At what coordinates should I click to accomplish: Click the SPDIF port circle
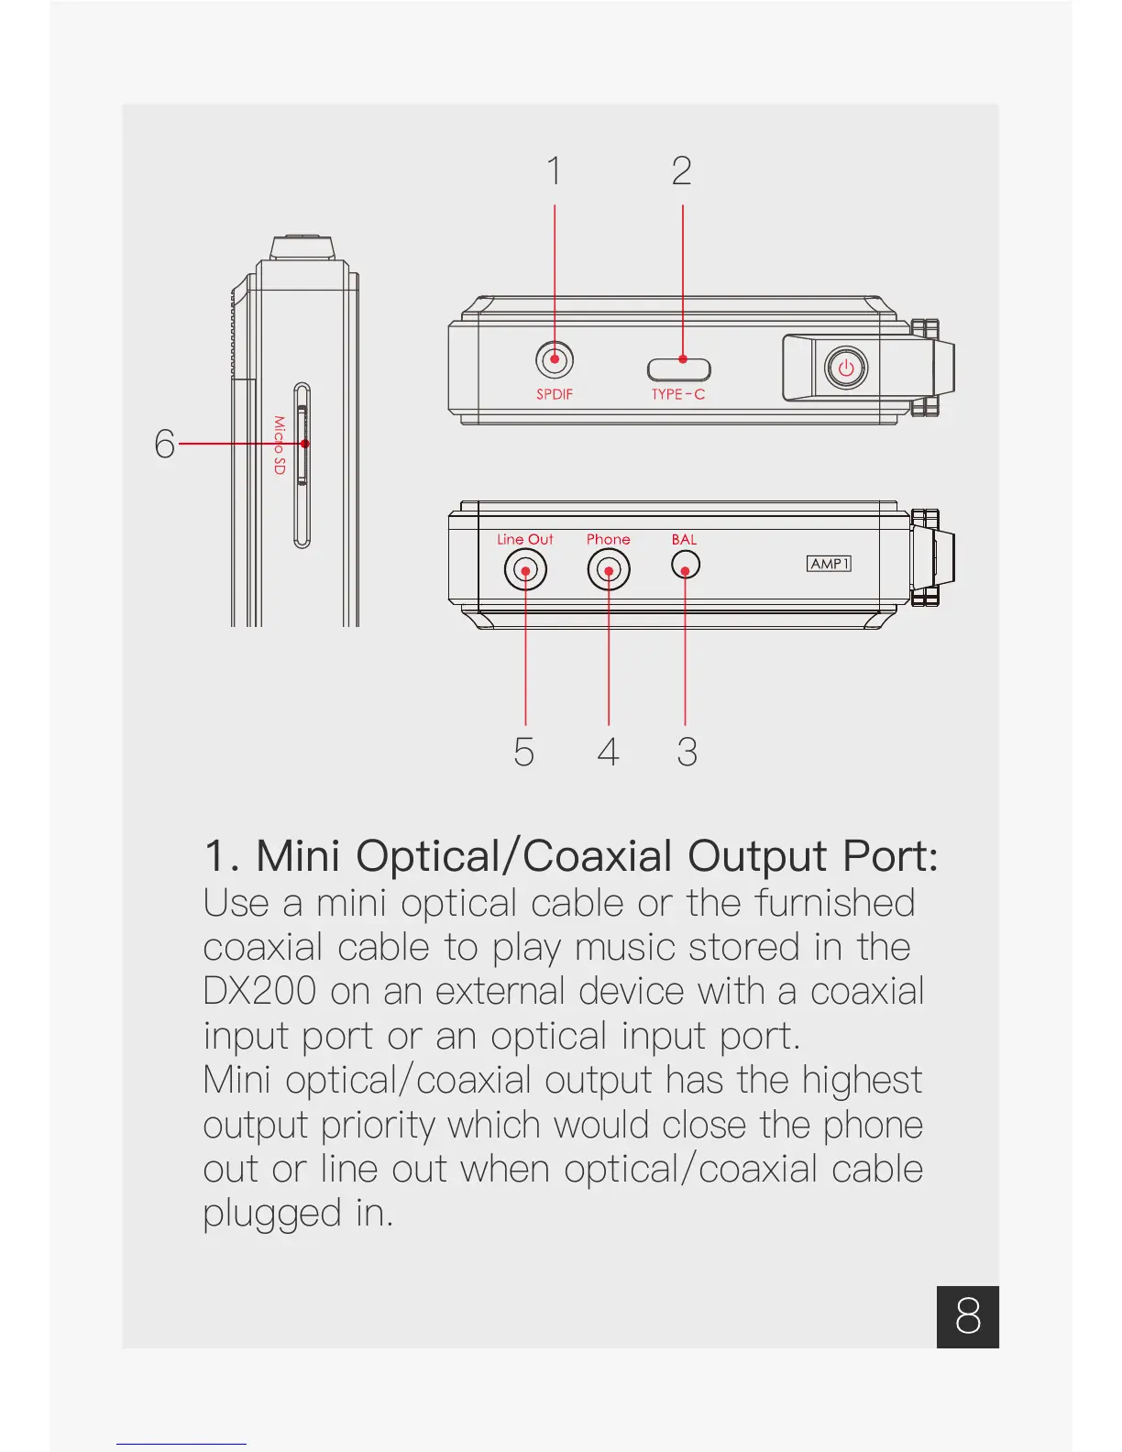[555, 359]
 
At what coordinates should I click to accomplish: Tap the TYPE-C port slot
[679, 368]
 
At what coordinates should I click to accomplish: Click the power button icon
[845, 368]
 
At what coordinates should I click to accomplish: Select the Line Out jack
[525, 571]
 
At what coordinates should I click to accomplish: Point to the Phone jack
[609, 571]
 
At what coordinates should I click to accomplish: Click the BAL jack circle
[686, 565]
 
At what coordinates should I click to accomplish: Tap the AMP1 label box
[829, 563]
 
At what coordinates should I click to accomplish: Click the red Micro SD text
[280, 445]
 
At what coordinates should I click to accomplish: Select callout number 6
[164, 444]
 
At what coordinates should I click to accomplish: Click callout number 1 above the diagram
[554, 171]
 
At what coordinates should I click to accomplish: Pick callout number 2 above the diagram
[682, 171]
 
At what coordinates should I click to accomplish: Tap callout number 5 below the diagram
[523, 752]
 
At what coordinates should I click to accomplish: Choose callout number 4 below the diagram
[608, 752]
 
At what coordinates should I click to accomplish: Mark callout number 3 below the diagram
[687, 752]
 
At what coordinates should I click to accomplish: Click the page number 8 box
[968, 1316]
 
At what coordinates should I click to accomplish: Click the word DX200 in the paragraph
[260, 992]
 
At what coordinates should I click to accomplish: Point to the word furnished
[834, 903]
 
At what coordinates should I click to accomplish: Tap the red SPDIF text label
[555, 394]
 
